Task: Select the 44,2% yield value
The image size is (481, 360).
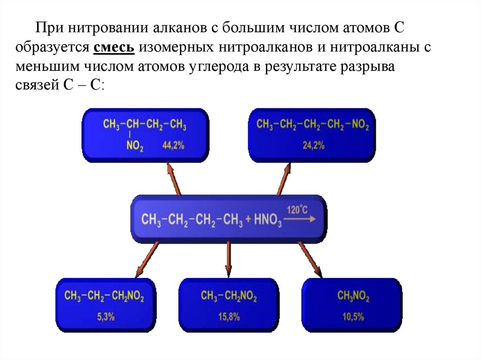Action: tap(173, 146)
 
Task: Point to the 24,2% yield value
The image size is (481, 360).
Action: tap(313, 146)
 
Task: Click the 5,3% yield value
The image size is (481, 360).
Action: tap(106, 317)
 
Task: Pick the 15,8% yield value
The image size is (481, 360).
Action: tap(229, 317)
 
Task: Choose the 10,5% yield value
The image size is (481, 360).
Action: tap(353, 317)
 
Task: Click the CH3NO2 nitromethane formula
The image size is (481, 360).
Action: tap(353, 297)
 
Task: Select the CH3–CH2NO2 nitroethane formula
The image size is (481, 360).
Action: tap(229, 296)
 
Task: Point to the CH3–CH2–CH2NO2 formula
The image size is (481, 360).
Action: tap(104, 297)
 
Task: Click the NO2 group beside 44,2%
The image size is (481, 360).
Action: tap(135, 146)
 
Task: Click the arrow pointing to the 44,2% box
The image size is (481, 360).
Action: tap(173, 178)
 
